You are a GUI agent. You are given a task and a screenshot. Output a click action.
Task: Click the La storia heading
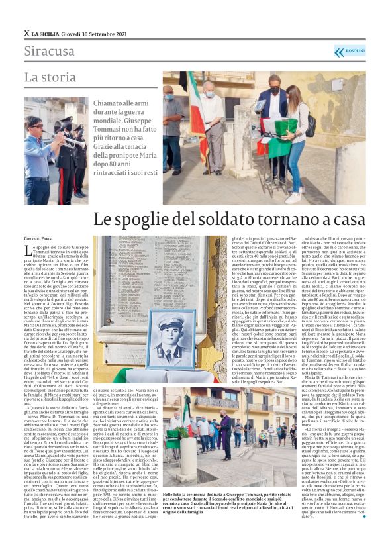(50, 77)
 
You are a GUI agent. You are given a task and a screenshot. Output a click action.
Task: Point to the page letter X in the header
(27, 33)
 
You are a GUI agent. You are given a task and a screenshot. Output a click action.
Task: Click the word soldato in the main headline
(215, 219)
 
